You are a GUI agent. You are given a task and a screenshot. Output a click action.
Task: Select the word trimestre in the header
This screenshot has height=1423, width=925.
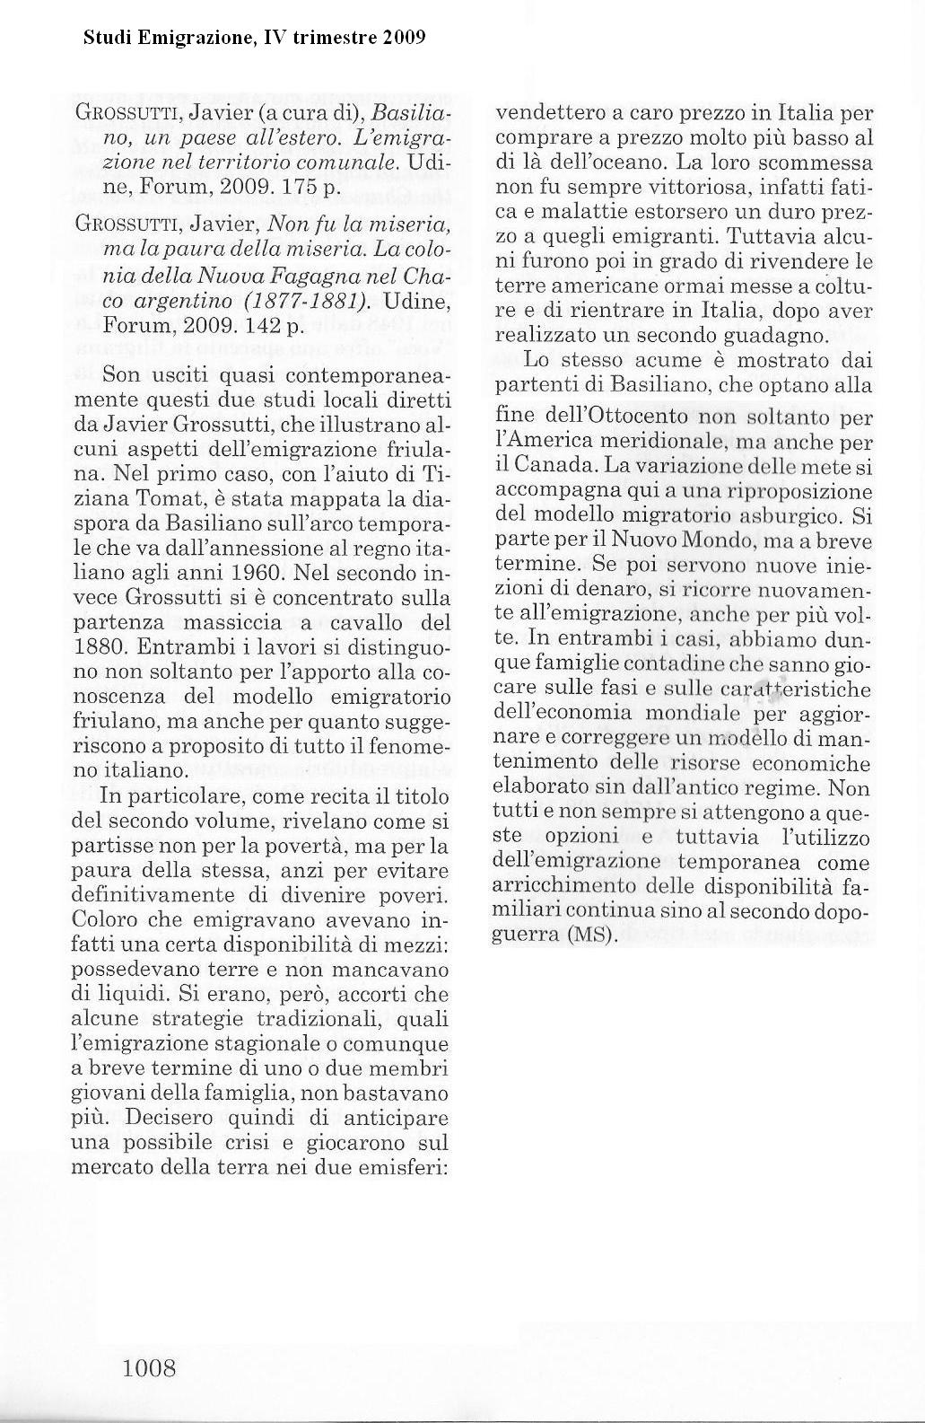[345, 38]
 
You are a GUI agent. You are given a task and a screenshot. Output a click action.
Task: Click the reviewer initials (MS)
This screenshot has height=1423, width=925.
[593, 935]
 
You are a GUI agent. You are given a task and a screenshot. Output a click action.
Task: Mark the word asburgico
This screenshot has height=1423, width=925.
[800, 515]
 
